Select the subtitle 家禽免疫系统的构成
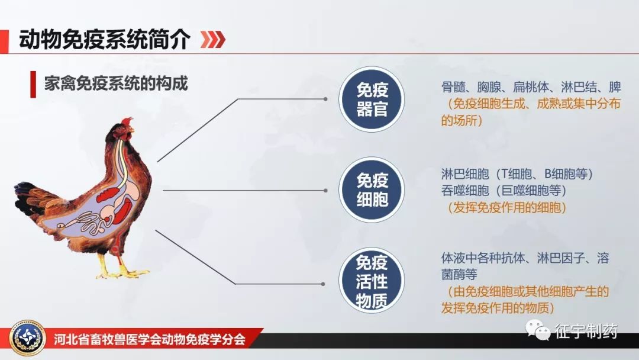[116, 83]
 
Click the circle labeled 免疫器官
[372, 99]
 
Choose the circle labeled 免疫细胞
[372, 189]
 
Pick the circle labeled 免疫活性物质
[372, 281]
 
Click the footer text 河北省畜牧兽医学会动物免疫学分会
[149, 340]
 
